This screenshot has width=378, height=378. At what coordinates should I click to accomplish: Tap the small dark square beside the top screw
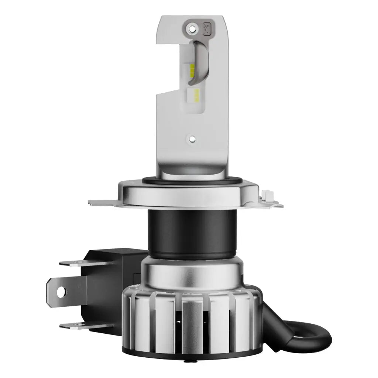(207, 28)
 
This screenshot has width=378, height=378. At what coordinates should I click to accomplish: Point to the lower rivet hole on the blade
(192, 139)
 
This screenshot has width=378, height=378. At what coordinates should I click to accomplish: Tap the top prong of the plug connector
(85, 263)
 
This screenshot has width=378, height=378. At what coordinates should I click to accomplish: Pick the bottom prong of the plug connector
(85, 324)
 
